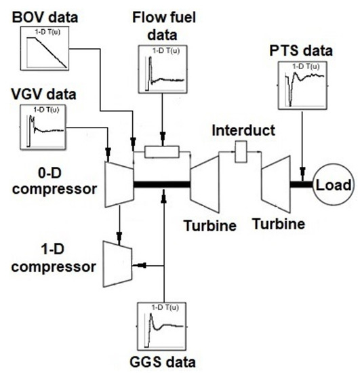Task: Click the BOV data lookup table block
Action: click(x=45, y=49)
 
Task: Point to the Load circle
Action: click(x=335, y=184)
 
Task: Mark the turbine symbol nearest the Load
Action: click(x=277, y=182)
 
